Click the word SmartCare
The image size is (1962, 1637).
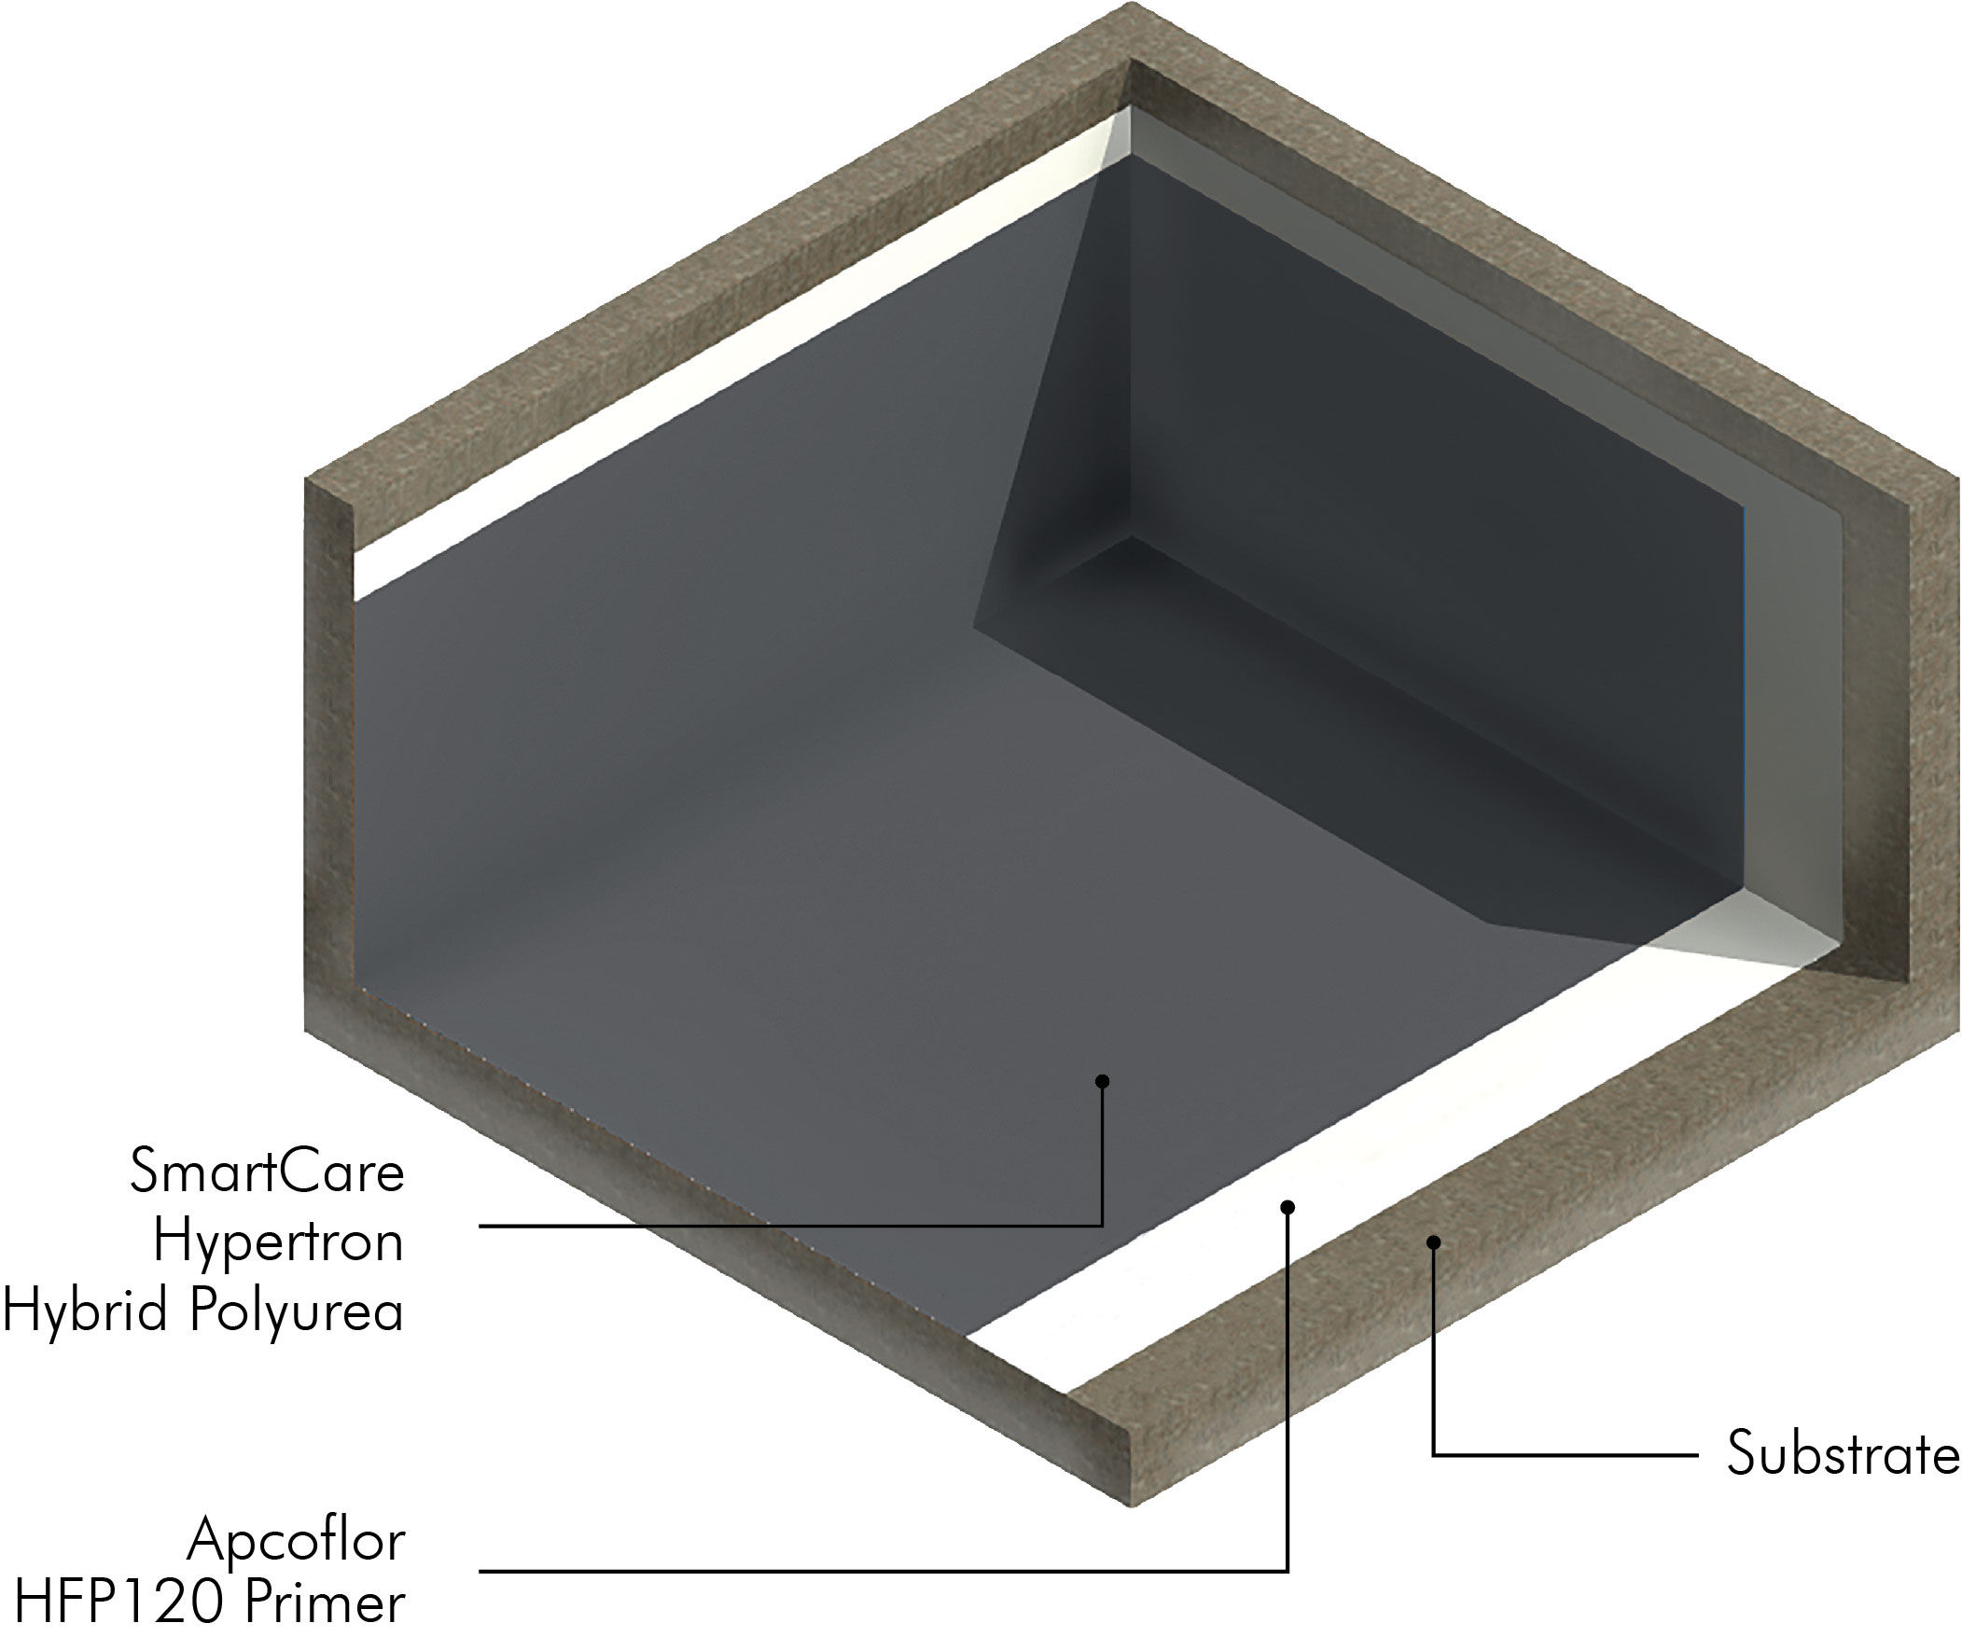click(x=267, y=1172)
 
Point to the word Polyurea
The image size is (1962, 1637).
click(x=298, y=1311)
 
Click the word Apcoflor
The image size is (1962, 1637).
click(x=297, y=1541)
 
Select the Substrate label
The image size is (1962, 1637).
click(x=1843, y=1454)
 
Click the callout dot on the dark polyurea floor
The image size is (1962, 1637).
click(x=1103, y=1081)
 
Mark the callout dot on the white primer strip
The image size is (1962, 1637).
click(x=1287, y=1207)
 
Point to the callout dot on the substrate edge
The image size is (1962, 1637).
click(x=1433, y=1242)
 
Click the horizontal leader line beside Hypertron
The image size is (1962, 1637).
click(x=791, y=1225)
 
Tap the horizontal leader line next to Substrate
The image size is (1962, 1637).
click(x=1565, y=1455)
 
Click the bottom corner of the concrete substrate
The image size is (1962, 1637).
click(x=1133, y=1506)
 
